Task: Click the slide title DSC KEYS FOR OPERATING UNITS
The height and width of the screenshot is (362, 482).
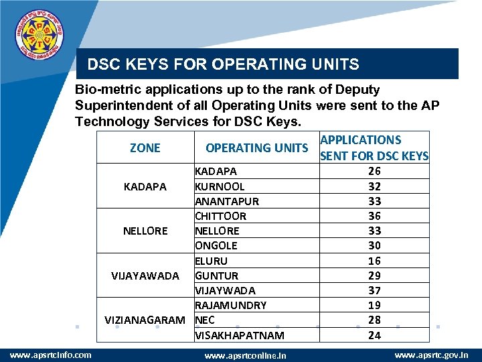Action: point(224,65)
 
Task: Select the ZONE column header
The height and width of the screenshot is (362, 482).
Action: point(145,147)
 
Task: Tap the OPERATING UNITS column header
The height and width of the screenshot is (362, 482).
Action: point(256,147)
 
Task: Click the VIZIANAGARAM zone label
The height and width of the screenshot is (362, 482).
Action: point(145,320)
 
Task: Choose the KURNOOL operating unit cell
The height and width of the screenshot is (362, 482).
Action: point(220,186)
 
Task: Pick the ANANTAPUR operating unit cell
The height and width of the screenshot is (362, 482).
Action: point(227,201)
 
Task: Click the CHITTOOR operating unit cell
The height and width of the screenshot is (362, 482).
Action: point(221,216)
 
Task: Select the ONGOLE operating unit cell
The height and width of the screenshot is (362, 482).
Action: point(216,245)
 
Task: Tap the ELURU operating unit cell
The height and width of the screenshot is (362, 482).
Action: point(212,261)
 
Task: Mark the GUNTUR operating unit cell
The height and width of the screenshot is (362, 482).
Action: point(217,276)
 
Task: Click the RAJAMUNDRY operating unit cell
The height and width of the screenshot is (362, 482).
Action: point(231,305)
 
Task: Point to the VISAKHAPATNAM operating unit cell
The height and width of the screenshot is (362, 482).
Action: point(239,335)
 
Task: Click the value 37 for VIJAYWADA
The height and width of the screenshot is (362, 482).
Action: point(374,290)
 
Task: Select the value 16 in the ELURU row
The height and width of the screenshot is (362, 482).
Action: point(374,261)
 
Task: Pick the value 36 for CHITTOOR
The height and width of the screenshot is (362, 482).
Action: point(374,216)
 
